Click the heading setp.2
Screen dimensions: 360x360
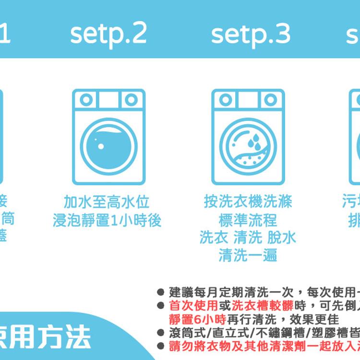pos(108,33)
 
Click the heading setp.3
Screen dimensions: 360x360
pos(251,33)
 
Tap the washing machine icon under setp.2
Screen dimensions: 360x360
pos(108,137)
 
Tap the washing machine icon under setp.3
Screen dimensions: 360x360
pos(248,137)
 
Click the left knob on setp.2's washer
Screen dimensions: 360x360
pos(86,100)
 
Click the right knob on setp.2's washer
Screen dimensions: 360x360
pos(131,100)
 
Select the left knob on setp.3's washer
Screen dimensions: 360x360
pos(226,100)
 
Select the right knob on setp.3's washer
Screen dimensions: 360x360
pos(270,100)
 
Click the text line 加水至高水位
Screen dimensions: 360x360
pos(107,202)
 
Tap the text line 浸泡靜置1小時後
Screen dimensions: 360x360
pos(107,220)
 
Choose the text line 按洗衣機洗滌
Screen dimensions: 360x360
pos(248,202)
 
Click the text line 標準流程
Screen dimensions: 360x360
pos(248,220)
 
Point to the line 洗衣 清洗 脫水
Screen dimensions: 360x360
pos(248,238)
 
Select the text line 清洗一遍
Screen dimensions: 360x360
pos(248,255)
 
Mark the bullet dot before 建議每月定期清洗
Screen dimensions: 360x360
pos(161,292)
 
